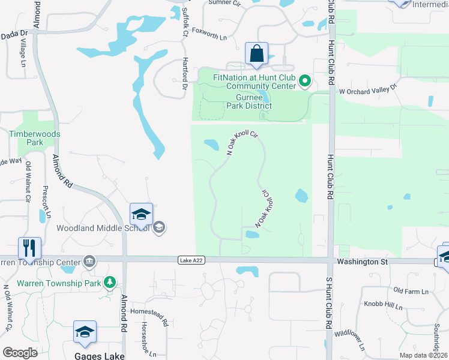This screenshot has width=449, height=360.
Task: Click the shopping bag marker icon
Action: pos(257,53)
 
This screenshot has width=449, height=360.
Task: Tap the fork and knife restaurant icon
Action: pos(29,247)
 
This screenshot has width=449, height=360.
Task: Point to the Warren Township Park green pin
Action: pos(109,282)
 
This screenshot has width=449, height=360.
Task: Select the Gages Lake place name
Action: pos(100,355)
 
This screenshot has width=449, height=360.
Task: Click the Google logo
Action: pos(20,353)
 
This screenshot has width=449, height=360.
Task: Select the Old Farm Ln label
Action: pos(411,291)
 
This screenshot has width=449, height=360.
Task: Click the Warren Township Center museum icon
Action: pos(89,262)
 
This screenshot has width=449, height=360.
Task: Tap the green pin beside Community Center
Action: pos(305,80)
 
